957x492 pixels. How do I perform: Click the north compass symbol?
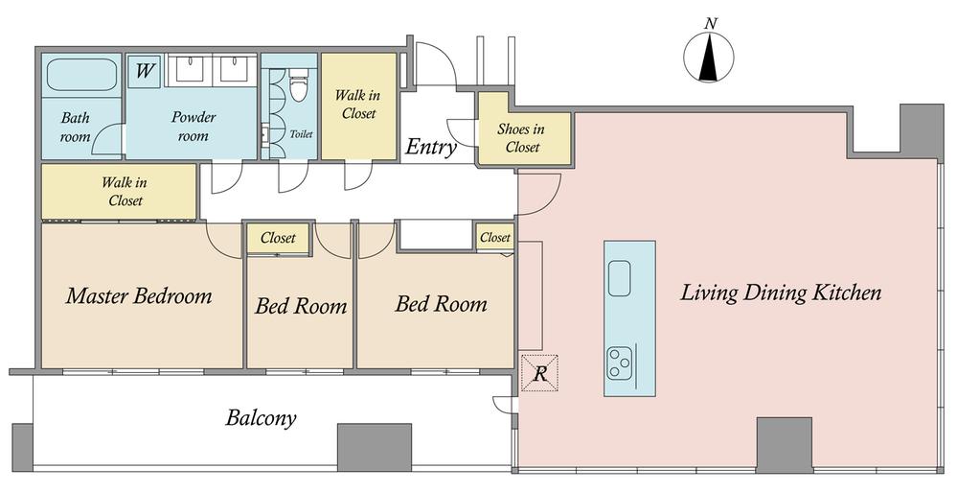pyautogui.click(x=709, y=57)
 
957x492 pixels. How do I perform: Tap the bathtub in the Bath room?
pyautogui.click(x=81, y=75)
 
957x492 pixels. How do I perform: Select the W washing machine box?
pyautogui.click(x=144, y=72)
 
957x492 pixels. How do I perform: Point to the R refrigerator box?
pyautogui.click(x=539, y=373)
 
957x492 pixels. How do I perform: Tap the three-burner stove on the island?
pyautogui.click(x=619, y=363)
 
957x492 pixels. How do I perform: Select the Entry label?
pyautogui.click(x=431, y=147)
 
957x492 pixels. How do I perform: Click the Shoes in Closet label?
pyautogui.click(x=522, y=137)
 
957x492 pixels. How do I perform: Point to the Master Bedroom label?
pyautogui.click(x=139, y=295)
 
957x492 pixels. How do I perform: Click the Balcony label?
pyautogui.click(x=261, y=418)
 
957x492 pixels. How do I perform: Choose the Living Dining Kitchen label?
pyautogui.click(x=781, y=293)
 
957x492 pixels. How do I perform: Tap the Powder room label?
pyautogui.click(x=193, y=126)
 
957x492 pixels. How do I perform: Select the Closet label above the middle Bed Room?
pyautogui.click(x=278, y=238)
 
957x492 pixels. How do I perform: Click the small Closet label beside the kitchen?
pyautogui.click(x=495, y=237)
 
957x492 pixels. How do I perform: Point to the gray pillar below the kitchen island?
pyautogui.click(x=785, y=444)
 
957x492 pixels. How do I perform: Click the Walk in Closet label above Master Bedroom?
pyautogui.click(x=125, y=191)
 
